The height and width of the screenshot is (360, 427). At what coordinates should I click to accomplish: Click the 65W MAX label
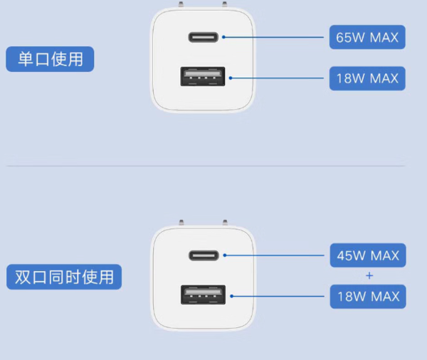[x=367, y=37]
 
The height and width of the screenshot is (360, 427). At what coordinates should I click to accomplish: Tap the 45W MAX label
[x=367, y=255]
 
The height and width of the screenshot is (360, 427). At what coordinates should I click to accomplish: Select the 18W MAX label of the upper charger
[x=367, y=78]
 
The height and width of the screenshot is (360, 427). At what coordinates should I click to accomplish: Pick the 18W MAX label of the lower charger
[x=367, y=296]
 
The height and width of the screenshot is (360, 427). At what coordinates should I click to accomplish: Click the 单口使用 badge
[x=50, y=58]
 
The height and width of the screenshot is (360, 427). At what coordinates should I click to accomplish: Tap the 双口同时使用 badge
[x=64, y=276]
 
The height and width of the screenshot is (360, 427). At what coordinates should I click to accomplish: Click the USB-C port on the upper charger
[x=203, y=37]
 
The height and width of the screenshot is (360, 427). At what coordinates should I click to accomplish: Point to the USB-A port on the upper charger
[x=203, y=76]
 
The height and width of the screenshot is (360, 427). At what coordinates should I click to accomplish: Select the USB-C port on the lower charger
[x=203, y=255]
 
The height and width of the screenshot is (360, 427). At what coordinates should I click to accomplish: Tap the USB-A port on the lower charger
[x=203, y=295]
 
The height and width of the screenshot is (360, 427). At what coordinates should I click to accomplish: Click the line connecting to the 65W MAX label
[x=278, y=36]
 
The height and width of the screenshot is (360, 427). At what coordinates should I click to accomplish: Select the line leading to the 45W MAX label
[x=278, y=254]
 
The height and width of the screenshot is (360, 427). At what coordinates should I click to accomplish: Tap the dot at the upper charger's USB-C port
[x=223, y=36]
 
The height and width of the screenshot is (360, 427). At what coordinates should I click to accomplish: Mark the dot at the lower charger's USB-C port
[x=223, y=254]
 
